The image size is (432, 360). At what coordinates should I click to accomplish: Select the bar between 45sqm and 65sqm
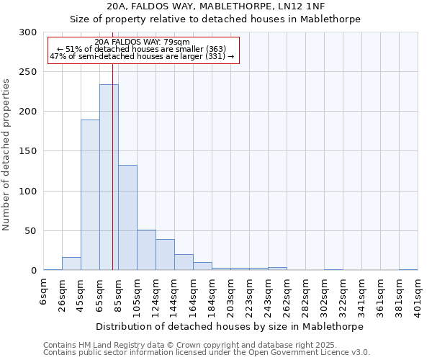[x=90, y=195]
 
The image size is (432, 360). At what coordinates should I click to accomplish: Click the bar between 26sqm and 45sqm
[x=71, y=264]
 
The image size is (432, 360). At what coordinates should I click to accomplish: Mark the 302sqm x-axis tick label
[x=325, y=293]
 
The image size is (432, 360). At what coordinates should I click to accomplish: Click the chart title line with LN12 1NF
[x=215, y=6]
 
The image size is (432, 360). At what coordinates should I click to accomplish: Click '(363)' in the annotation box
[x=214, y=49]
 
